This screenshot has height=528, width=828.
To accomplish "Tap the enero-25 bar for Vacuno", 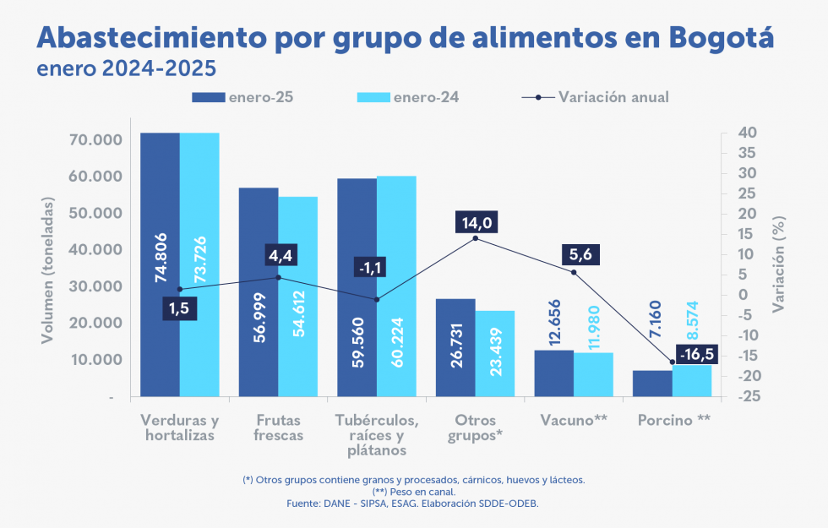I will [x=554, y=373].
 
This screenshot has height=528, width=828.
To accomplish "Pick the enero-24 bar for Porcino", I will [x=692, y=380].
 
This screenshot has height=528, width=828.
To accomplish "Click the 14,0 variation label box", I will [x=476, y=223].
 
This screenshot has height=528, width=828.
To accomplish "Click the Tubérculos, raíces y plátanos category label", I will [x=377, y=435].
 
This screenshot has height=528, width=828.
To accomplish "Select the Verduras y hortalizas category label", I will [x=180, y=428].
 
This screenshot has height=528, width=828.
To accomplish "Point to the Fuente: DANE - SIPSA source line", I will [x=413, y=504].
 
